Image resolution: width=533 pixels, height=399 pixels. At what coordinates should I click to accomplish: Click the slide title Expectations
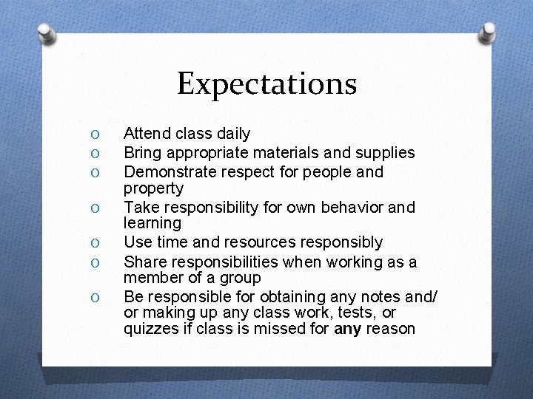(266, 83)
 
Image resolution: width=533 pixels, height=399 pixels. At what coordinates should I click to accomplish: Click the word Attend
(145, 134)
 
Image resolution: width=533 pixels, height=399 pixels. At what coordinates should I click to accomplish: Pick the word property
(153, 188)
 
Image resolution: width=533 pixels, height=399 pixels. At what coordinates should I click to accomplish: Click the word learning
(152, 223)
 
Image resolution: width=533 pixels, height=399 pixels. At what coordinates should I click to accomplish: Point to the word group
(241, 278)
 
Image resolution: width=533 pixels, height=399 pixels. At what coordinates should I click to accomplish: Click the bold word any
(347, 329)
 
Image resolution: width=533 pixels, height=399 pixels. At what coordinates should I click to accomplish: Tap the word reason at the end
(390, 329)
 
